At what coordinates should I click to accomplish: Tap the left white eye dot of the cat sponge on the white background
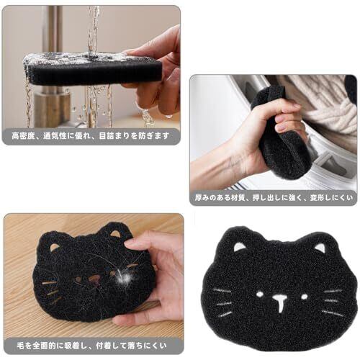point(260,294)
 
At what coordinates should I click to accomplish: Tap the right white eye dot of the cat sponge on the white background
point(305,297)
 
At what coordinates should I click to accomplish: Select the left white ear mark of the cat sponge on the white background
point(239,247)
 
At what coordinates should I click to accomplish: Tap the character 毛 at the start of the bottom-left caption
point(21,346)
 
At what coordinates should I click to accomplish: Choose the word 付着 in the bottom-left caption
point(104,346)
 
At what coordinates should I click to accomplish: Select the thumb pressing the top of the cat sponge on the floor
point(139,243)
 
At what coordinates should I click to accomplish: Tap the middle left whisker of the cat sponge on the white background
point(224,304)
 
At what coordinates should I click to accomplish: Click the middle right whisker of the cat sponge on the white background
point(332,301)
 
